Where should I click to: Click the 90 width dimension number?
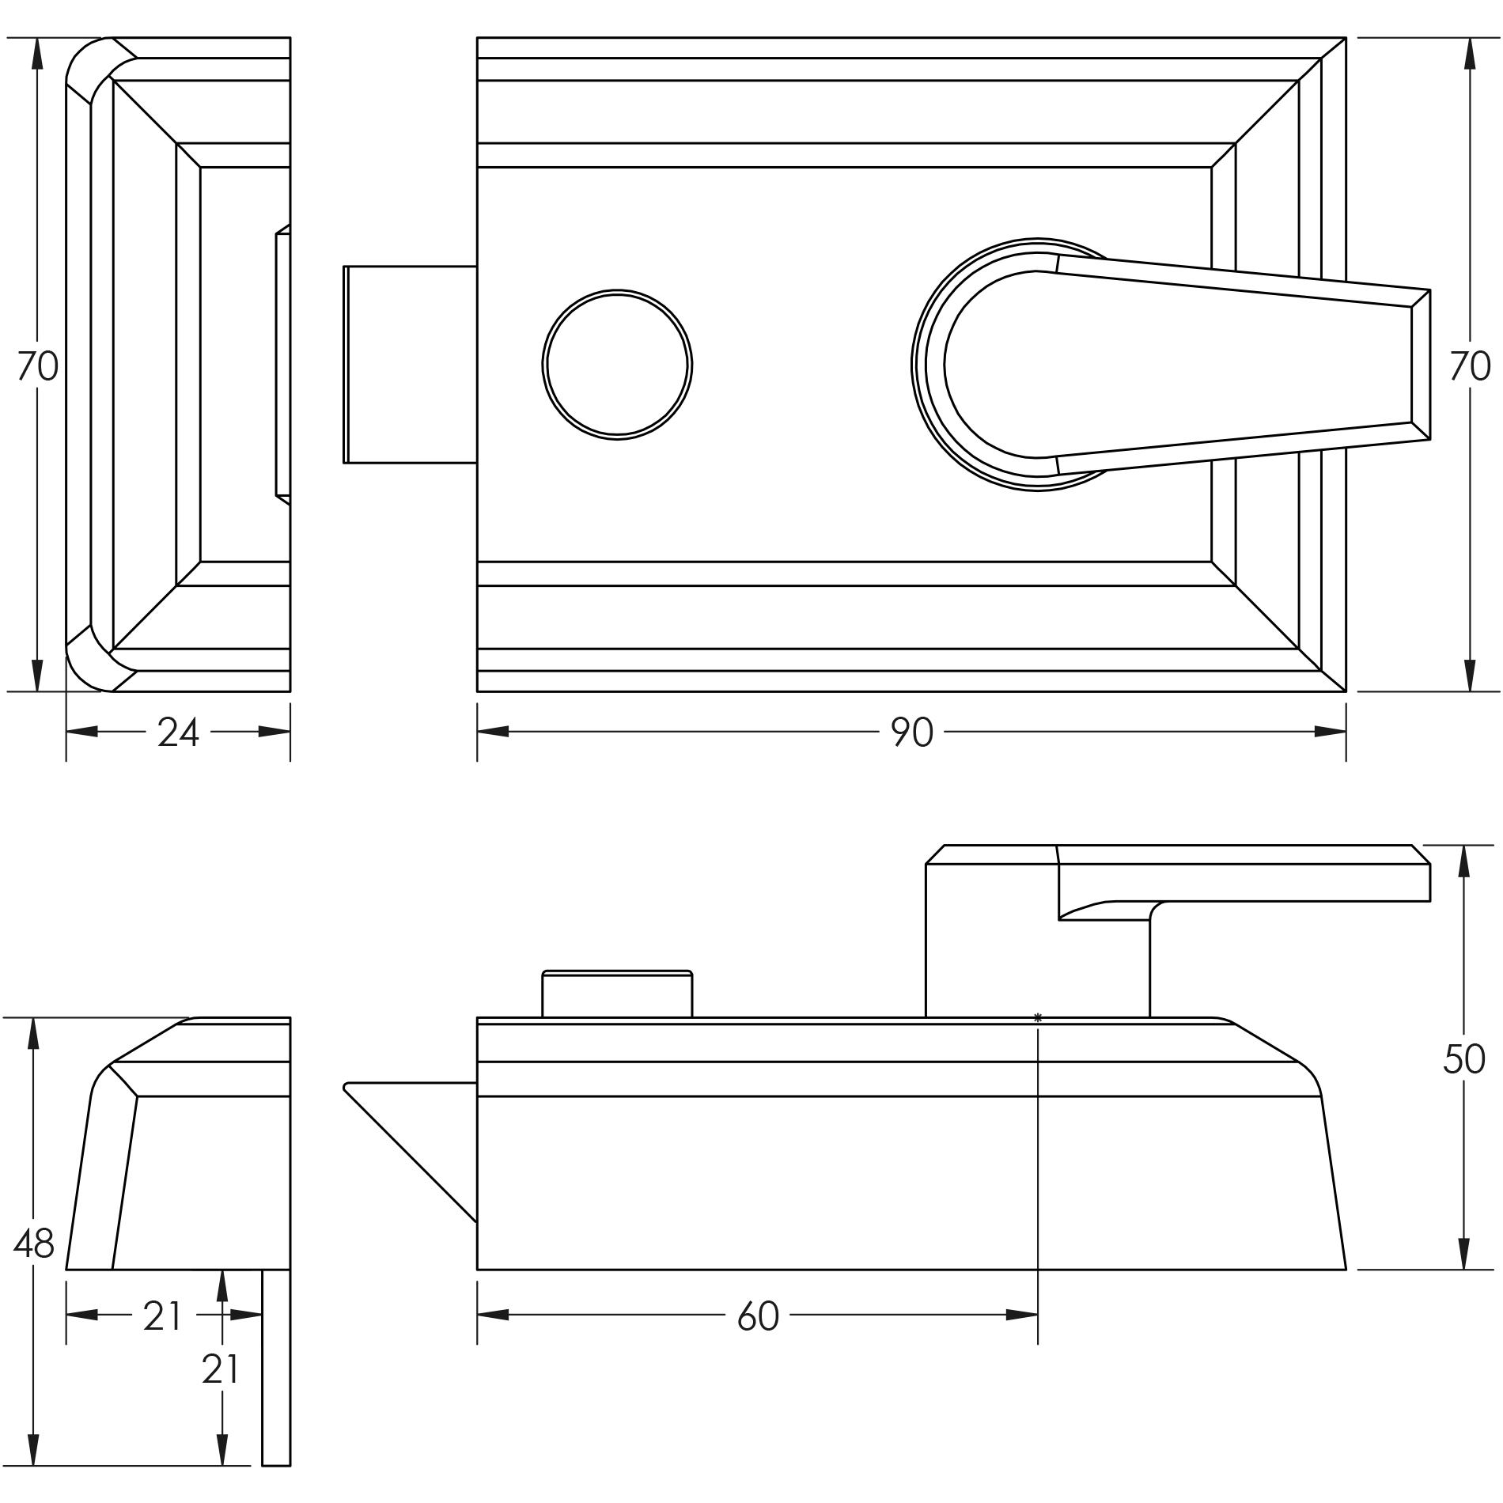[x=912, y=733]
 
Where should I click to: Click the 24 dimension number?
[x=178, y=733]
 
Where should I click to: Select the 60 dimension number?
[x=758, y=1317]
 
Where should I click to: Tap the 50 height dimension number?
[x=1463, y=1060]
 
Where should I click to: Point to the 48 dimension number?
[x=34, y=1244]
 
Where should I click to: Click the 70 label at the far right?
[x=1470, y=367]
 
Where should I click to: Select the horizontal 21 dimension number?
[x=162, y=1317]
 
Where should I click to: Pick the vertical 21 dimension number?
[x=220, y=1370]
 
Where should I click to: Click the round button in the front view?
[x=617, y=365]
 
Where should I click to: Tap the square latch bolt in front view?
[x=410, y=365]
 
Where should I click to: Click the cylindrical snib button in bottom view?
[x=617, y=994]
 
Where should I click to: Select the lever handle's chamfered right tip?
[x=1421, y=365]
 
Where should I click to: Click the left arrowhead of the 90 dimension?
[x=492, y=732]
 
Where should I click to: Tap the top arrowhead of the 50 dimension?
[x=1463, y=861]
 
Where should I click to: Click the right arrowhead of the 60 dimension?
[x=1022, y=1316]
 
